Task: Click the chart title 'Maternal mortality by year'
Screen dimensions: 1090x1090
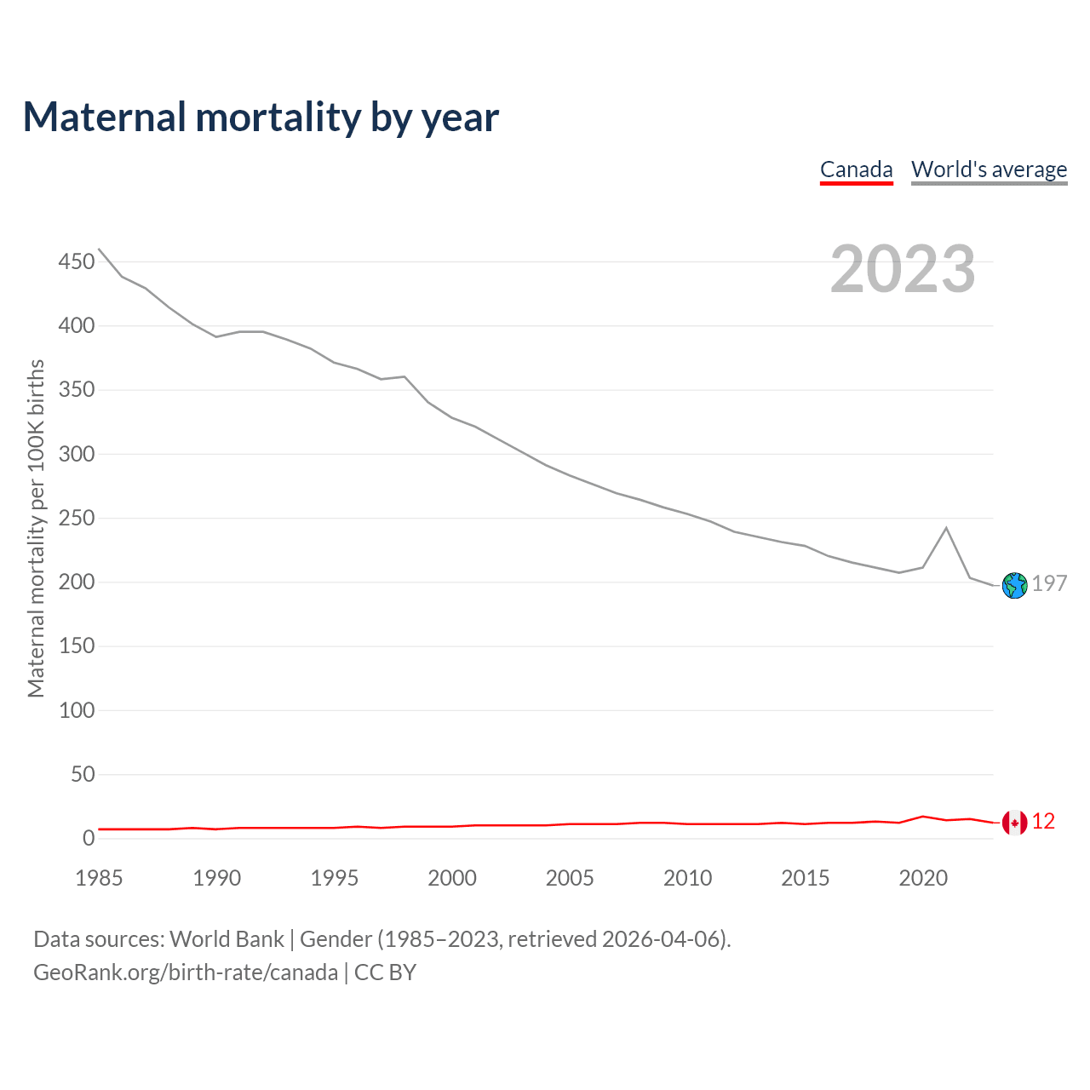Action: tap(261, 118)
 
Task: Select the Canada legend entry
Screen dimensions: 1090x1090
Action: tap(856, 169)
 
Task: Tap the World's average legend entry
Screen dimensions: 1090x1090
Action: tap(989, 169)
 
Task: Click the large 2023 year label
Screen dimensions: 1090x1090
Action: tap(903, 269)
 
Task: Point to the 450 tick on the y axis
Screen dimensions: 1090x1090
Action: tap(77, 261)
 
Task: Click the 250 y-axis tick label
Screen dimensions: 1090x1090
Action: tap(77, 518)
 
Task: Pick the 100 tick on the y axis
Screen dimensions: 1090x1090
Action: tap(77, 710)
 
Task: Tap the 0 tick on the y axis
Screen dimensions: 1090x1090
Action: tap(89, 838)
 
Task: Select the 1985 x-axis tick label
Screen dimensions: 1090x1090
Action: tap(99, 878)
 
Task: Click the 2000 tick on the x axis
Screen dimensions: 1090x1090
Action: tap(452, 878)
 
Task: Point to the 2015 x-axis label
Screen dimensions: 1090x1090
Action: tap(805, 878)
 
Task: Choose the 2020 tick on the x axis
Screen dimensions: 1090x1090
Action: tap(923, 878)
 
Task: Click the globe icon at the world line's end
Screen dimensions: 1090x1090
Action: tap(1014, 585)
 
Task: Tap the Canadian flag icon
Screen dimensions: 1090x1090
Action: tap(1014, 823)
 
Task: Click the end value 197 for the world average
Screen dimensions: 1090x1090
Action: tap(1049, 583)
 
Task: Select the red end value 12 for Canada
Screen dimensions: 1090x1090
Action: tap(1043, 822)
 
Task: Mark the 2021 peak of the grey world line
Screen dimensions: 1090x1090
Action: tap(946, 528)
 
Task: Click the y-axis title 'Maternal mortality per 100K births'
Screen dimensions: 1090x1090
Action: tap(36, 528)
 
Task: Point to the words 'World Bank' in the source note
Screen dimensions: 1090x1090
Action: tap(227, 939)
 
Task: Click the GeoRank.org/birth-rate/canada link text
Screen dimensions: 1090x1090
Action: tap(186, 972)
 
